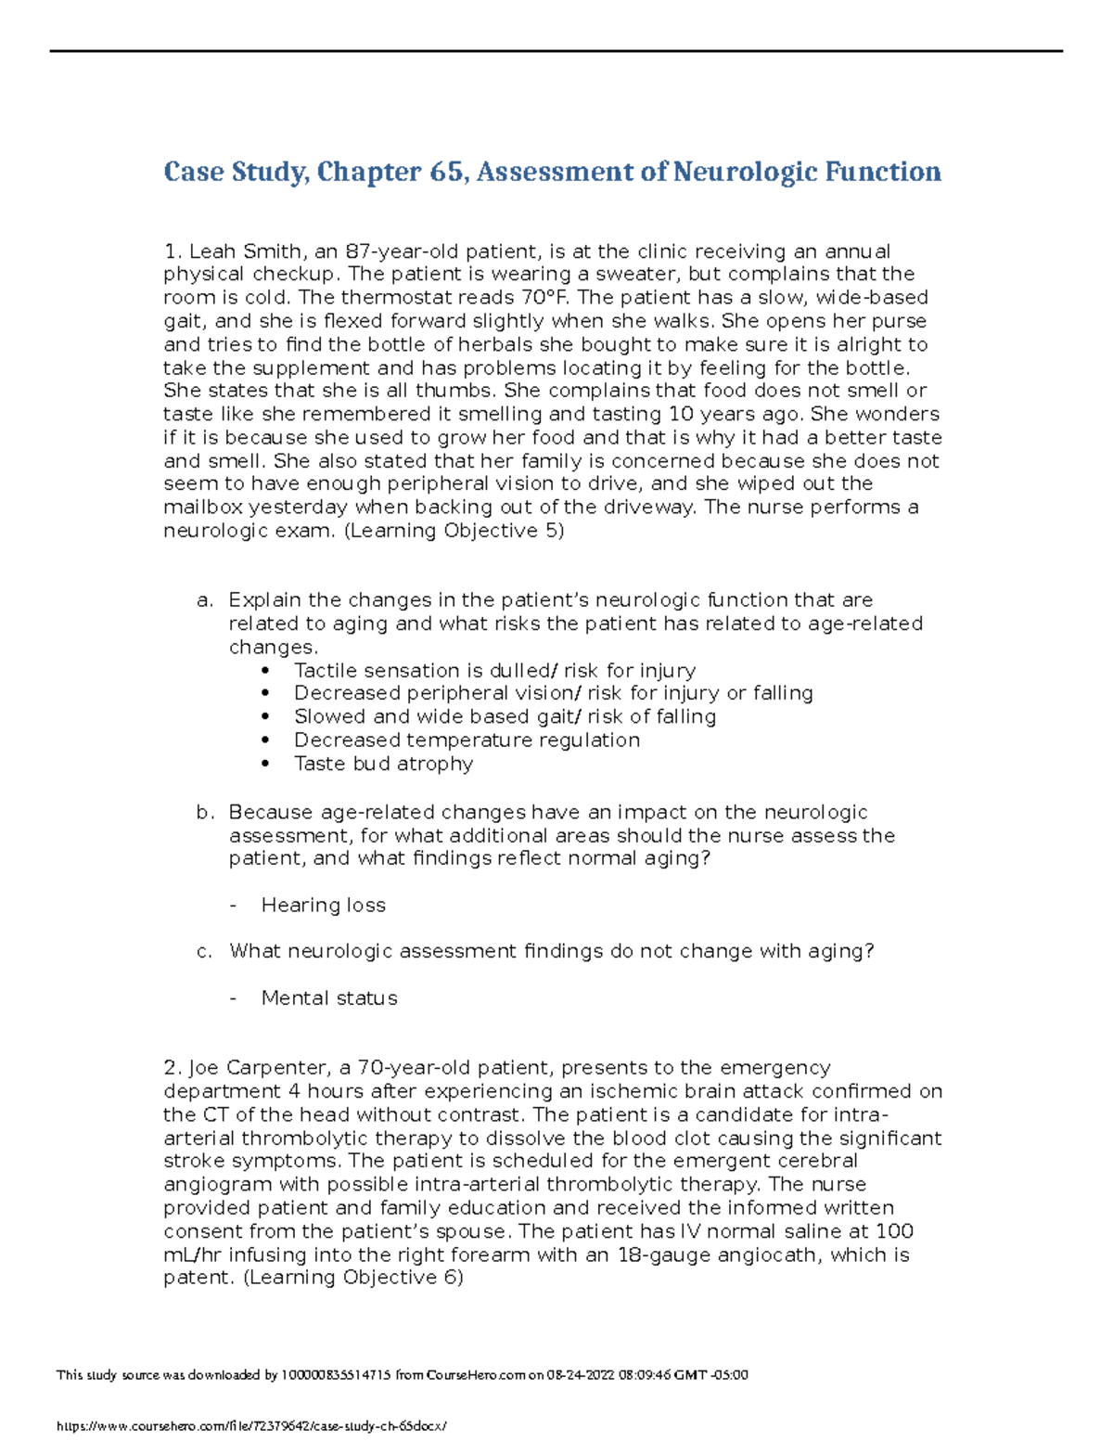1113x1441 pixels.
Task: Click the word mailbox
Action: tap(202, 508)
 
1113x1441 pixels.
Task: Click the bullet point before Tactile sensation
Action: tap(267, 671)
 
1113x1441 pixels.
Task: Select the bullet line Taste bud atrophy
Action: tap(383, 764)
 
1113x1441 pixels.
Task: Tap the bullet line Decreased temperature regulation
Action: tap(467, 740)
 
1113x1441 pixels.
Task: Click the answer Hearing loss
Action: tap(323, 906)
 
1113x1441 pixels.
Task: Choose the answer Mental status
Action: tap(329, 998)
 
